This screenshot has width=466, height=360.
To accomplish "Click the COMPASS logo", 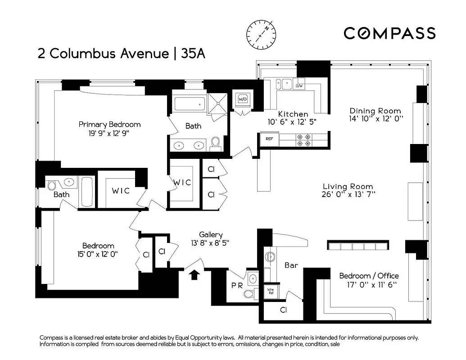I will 389,33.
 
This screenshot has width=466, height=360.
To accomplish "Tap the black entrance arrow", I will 194,274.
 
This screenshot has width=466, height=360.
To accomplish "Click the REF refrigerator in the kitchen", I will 269,139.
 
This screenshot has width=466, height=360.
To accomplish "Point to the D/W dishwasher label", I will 299,85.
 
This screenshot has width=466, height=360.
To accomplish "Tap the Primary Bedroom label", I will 109,124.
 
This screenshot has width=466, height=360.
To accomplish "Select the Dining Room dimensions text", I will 376,119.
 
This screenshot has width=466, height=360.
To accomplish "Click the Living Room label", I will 348,186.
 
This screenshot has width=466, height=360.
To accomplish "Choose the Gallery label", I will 211,234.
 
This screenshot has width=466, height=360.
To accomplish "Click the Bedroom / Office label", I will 369,276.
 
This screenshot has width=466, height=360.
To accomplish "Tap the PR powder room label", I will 236,285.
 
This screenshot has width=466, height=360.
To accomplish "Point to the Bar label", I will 291,265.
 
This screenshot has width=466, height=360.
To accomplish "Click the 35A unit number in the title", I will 193,54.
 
